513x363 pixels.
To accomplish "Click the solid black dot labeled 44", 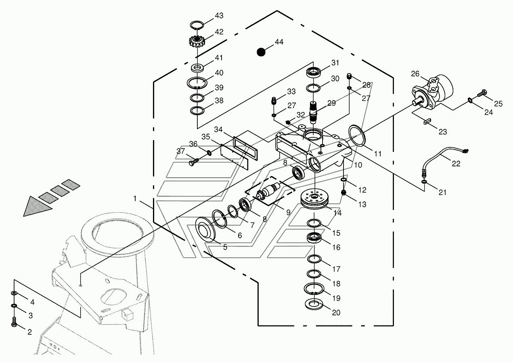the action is pos(261,52).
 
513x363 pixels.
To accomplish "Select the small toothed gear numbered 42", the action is pos(197,42).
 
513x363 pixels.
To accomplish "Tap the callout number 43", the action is pos(219,16).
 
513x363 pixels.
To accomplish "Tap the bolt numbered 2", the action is pos(15,322).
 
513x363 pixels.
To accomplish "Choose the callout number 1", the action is pos(135,198).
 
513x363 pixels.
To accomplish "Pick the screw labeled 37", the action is pos(193,162).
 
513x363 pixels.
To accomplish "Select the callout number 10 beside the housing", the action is pos(358,165).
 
